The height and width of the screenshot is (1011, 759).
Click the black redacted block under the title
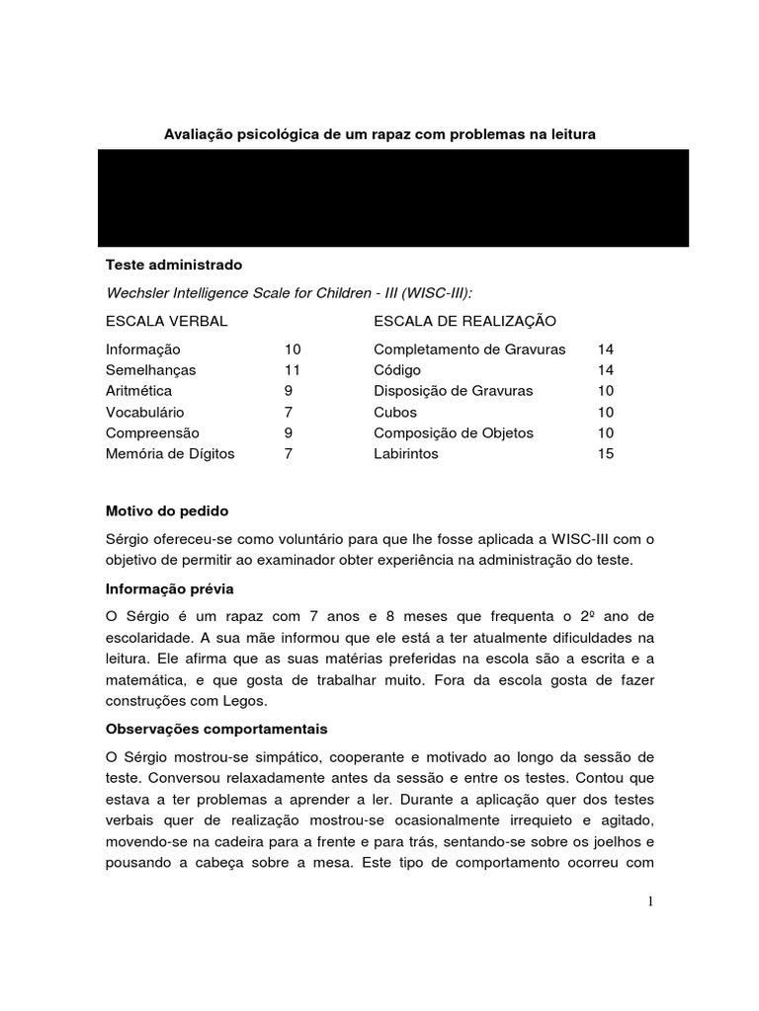coord(392,197)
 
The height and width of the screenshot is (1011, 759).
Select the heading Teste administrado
coord(173,266)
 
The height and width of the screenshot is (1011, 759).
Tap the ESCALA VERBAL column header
coord(166,321)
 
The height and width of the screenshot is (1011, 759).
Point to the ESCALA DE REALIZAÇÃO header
coord(464,321)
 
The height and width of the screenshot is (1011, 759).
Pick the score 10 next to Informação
coord(293,350)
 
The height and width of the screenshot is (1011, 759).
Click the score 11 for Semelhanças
coord(292,370)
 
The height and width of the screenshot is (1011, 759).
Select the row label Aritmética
coord(138,391)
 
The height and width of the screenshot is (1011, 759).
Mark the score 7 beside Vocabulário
coord(288,412)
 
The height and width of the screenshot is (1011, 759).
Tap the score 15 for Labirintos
coord(606,454)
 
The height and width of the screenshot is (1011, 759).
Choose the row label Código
coord(396,370)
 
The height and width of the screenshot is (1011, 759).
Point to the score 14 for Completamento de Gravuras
coord(606,350)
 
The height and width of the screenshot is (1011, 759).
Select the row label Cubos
coord(395,412)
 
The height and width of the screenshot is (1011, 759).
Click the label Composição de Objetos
coord(453,432)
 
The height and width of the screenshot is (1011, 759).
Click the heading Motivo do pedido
coord(167,511)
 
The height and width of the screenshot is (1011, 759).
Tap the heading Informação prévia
coord(170,588)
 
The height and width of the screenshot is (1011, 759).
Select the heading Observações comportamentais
coord(216,730)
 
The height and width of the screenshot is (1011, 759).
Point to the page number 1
coord(651,900)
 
